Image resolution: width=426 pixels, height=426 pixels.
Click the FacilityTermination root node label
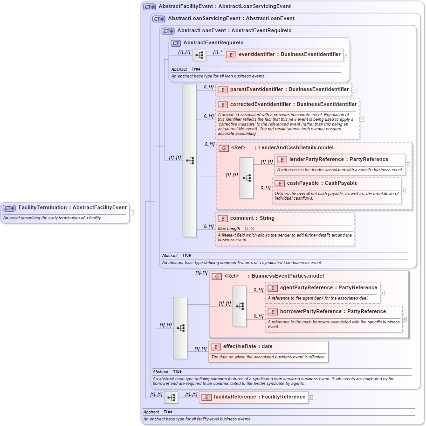click(x=72, y=207)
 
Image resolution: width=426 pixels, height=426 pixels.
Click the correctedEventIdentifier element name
click(x=293, y=105)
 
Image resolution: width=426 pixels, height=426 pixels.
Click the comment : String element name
click(x=252, y=218)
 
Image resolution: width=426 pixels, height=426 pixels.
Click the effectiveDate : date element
click(x=247, y=347)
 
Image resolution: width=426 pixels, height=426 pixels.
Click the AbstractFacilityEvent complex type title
click(x=224, y=7)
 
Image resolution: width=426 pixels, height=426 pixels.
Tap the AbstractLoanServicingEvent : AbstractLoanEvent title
click(x=231, y=19)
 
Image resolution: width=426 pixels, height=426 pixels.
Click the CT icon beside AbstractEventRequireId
click(x=176, y=43)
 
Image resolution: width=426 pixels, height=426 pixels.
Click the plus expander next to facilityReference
click(x=311, y=398)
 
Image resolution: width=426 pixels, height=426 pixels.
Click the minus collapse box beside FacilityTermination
click(x=132, y=213)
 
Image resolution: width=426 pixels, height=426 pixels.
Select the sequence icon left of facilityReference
click(x=171, y=398)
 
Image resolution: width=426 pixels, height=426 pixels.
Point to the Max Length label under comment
click(x=229, y=229)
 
